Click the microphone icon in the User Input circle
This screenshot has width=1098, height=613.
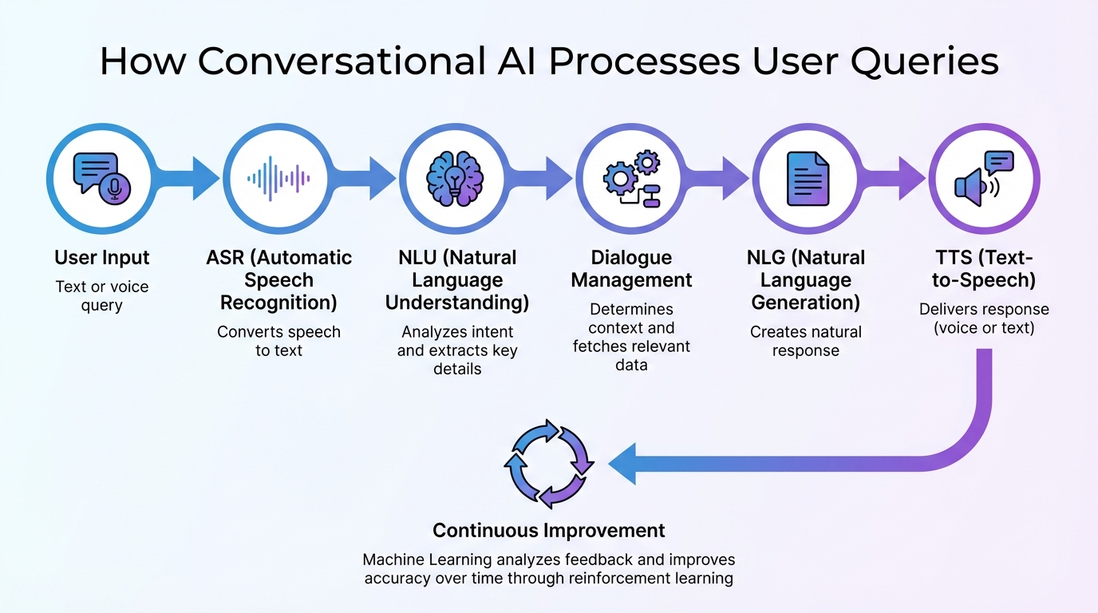pos(115,188)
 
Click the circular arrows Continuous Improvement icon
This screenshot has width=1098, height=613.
pos(549,464)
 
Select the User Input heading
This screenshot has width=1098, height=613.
pos(102,258)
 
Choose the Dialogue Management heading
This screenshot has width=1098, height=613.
pos(631,269)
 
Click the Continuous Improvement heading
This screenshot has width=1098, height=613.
pos(549,530)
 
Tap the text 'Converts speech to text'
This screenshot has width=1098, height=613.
pos(278,341)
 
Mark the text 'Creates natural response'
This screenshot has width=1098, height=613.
pos(806,341)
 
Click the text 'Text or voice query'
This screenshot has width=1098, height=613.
pos(102,296)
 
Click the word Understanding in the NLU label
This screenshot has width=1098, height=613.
pos(457,303)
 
